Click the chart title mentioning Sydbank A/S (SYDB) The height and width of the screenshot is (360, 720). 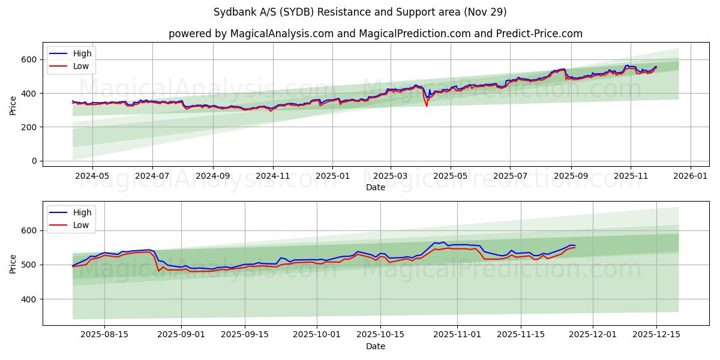click(359, 12)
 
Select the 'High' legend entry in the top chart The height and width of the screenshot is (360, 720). click(82, 53)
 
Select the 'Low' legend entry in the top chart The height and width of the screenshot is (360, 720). click(81, 66)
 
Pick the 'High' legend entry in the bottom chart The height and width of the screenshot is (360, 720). click(82, 212)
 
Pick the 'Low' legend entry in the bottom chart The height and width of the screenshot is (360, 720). click(81, 225)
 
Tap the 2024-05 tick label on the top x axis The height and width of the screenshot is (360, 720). click(92, 176)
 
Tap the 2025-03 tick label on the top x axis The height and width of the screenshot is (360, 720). click(391, 176)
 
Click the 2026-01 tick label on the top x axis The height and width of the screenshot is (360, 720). click(690, 176)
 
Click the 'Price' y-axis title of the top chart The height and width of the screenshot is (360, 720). click(13, 105)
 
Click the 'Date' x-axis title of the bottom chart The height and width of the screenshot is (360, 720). click(376, 346)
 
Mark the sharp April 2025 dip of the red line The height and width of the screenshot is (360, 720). click(427, 106)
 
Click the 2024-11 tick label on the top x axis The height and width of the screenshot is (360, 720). click(273, 176)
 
